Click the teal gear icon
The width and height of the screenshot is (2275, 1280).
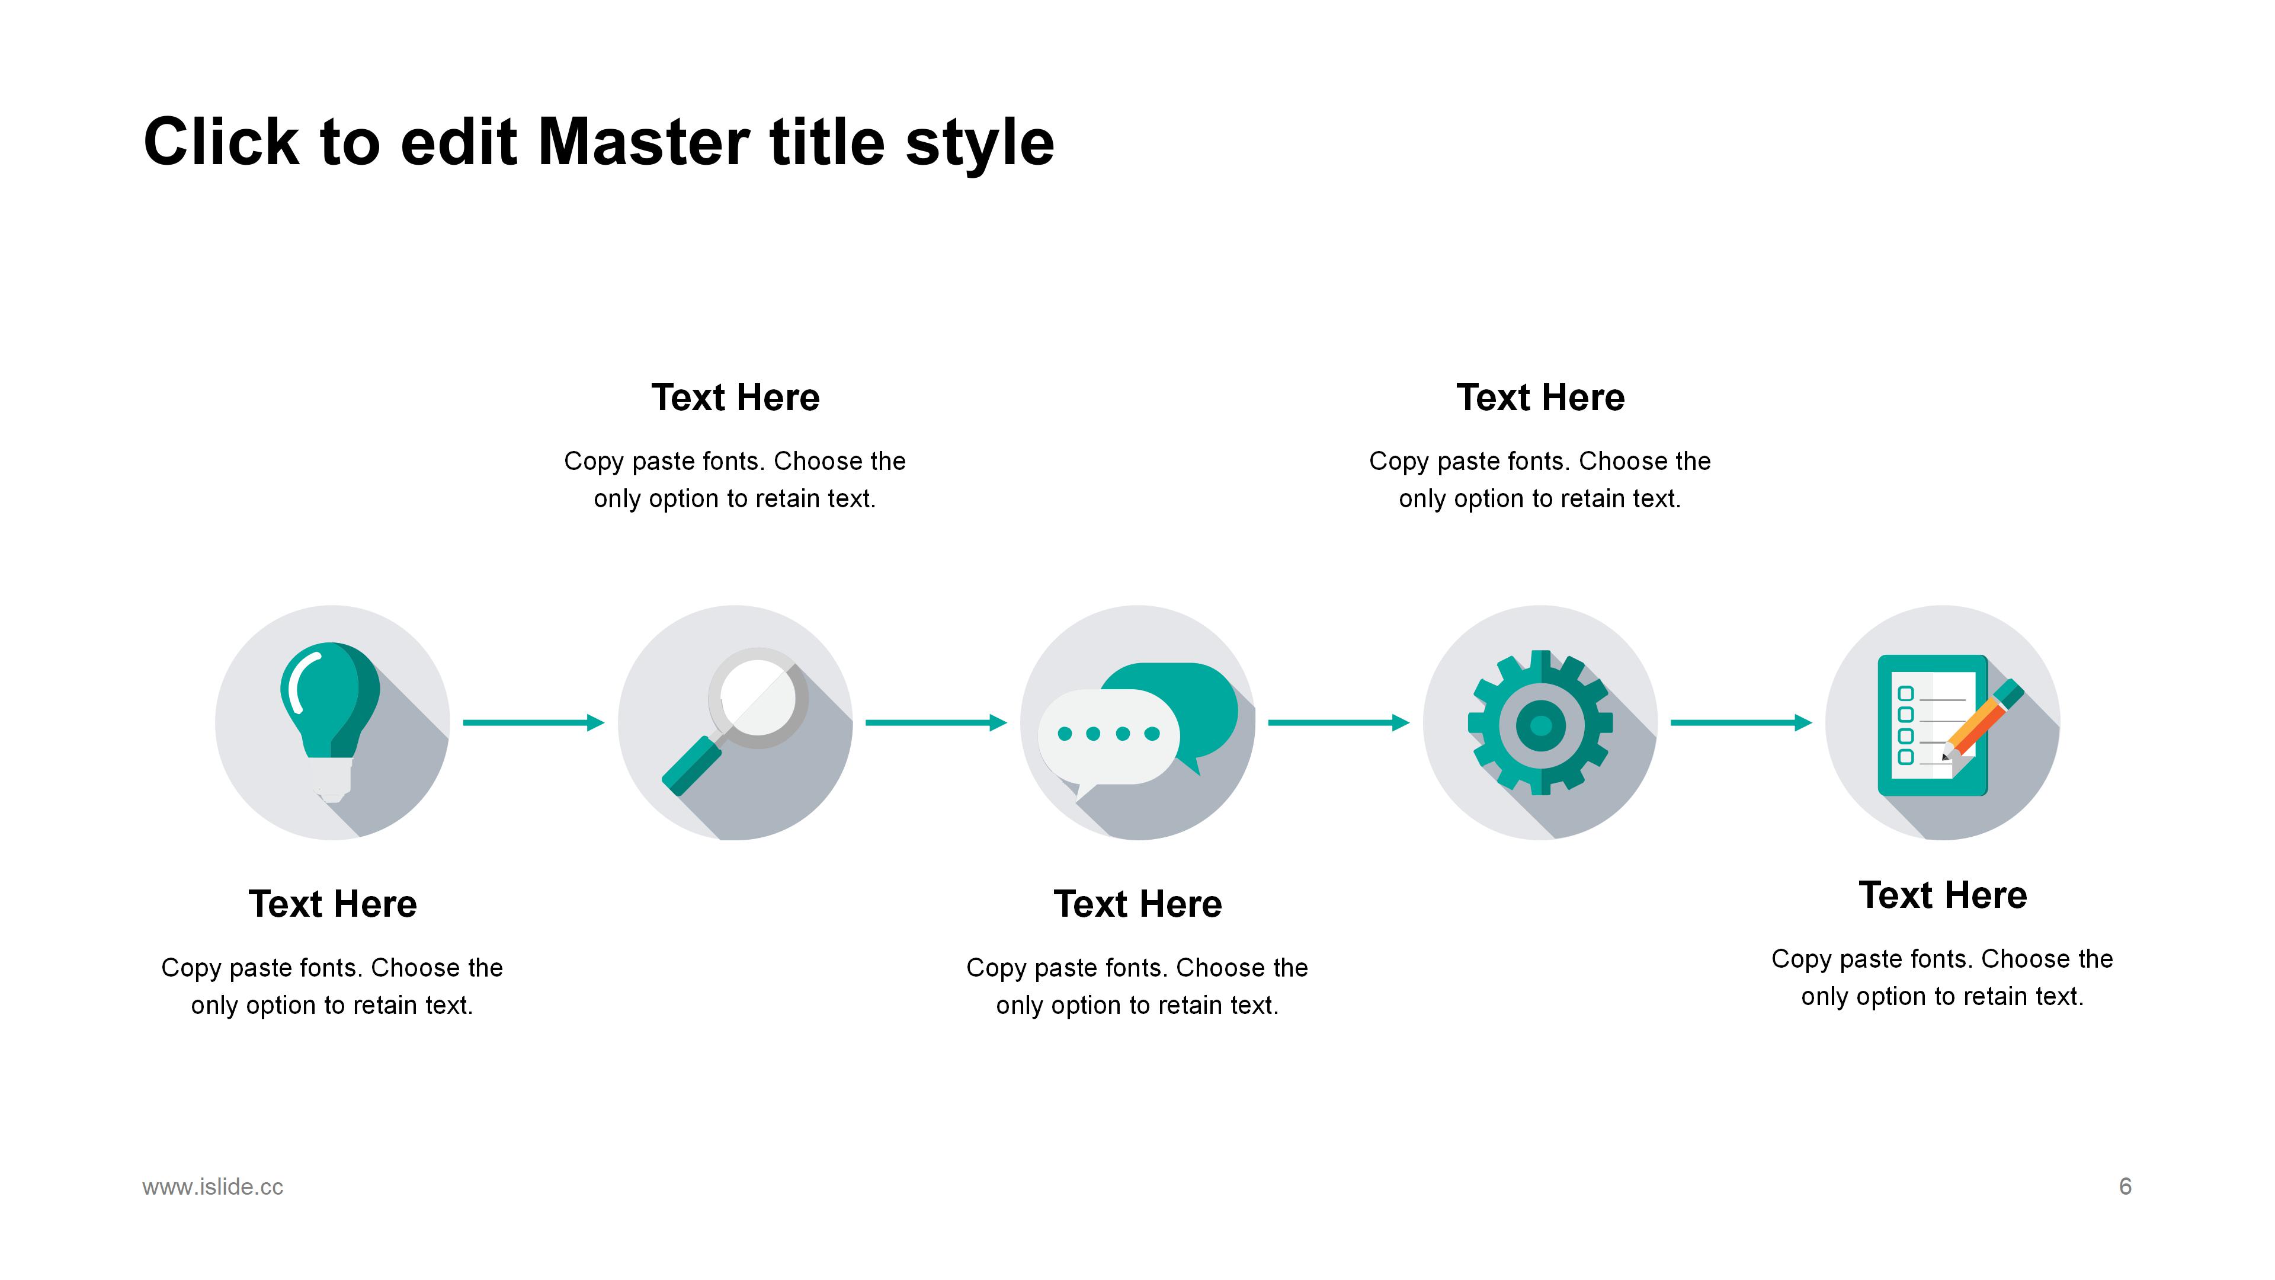pyautogui.click(x=1540, y=722)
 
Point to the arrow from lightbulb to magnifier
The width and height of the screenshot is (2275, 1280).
pyautogui.click(x=533, y=722)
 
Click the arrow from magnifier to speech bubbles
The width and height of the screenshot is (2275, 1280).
pyautogui.click(x=936, y=722)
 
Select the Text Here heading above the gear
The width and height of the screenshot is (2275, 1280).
pyautogui.click(x=1540, y=398)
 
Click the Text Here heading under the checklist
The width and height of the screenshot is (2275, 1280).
pyautogui.click(x=1943, y=895)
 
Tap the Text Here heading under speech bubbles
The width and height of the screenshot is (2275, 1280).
pyautogui.click(x=1137, y=904)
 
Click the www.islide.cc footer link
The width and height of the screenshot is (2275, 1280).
pyautogui.click(x=213, y=1186)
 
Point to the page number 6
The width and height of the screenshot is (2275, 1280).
pyautogui.click(x=2125, y=1186)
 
